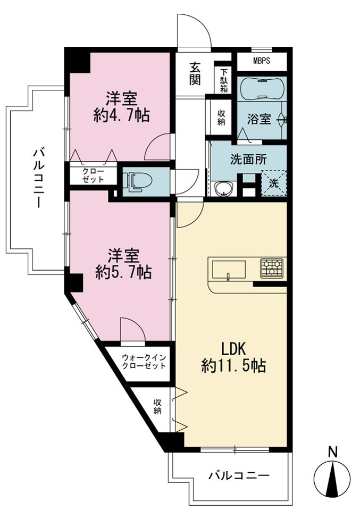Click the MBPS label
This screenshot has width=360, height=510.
point(262,61)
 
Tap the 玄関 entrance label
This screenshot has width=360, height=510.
point(195,74)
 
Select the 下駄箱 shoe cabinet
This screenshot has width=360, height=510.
point(223,80)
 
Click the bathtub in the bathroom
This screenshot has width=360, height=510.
point(262,88)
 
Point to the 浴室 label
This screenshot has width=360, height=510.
point(259,119)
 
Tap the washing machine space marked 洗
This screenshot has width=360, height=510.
point(274,183)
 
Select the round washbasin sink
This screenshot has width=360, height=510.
point(224,189)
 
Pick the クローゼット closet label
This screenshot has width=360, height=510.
point(93,175)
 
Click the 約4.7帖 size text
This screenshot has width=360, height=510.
point(121,115)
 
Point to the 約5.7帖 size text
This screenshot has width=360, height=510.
point(123,272)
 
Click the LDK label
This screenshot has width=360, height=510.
point(233,349)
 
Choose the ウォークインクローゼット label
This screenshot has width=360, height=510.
point(144,361)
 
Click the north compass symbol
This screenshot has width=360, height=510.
point(332,477)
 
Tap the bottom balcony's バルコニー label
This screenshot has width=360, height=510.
point(239,476)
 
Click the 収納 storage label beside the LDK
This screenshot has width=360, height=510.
point(157,407)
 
